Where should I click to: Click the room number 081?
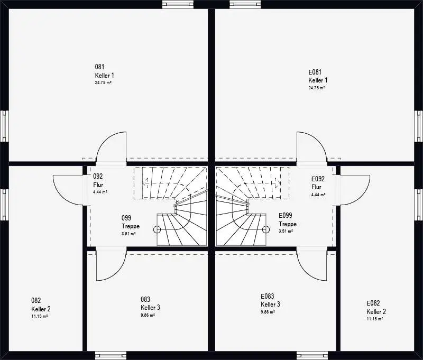99,67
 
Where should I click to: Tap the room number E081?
315,72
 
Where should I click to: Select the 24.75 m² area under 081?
103,83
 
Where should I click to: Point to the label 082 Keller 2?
41,304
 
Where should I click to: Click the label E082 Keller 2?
376,307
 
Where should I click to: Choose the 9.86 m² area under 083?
148,315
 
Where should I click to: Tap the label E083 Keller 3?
270,300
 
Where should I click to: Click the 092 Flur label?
98,180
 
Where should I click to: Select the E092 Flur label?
318,183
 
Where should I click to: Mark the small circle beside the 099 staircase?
157,229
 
